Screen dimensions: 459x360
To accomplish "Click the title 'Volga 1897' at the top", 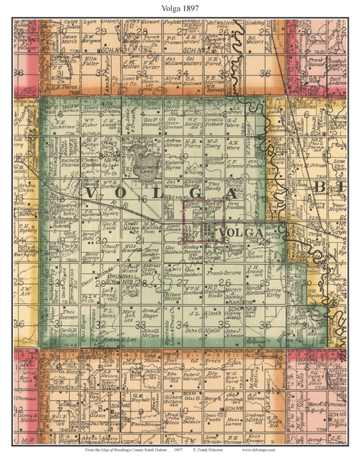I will tap(180, 9).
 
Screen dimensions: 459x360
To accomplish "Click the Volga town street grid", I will tap(205, 233).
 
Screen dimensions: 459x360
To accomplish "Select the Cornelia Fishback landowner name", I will tap(235, 122).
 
